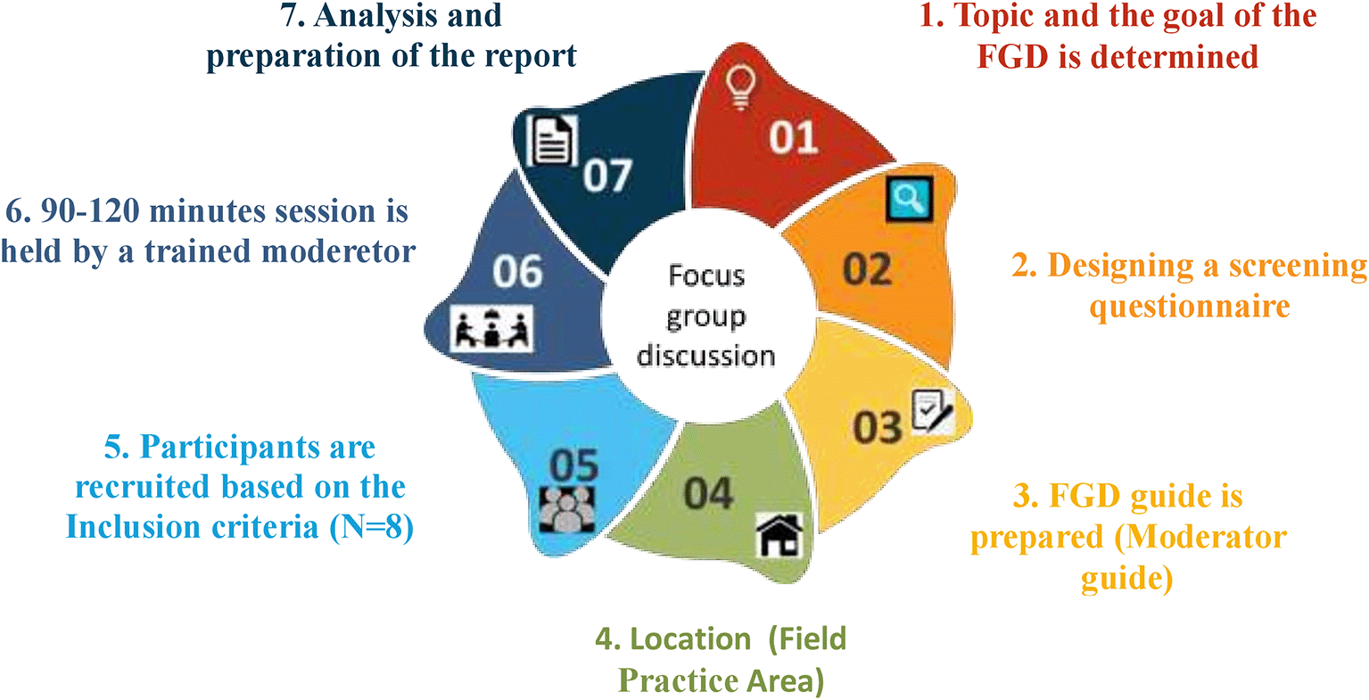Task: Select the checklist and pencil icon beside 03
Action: [x=933, y=413]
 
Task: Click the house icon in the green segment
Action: [x=779, y=535]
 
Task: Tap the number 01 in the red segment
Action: [x=793, y=138]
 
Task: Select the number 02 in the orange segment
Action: [x=867, y=268]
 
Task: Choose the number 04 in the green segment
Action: [x=708, y=494]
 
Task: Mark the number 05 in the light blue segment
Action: [x=573, y=465]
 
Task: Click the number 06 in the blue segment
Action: [x=517, y=271]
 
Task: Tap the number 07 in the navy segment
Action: [x=607, y=176]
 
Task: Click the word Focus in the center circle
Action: [x=706, y=276]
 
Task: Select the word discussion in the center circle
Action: [x=705, y=356]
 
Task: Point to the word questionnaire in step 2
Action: [x=1190, y=307]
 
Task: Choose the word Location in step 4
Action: [x=690, y=639]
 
